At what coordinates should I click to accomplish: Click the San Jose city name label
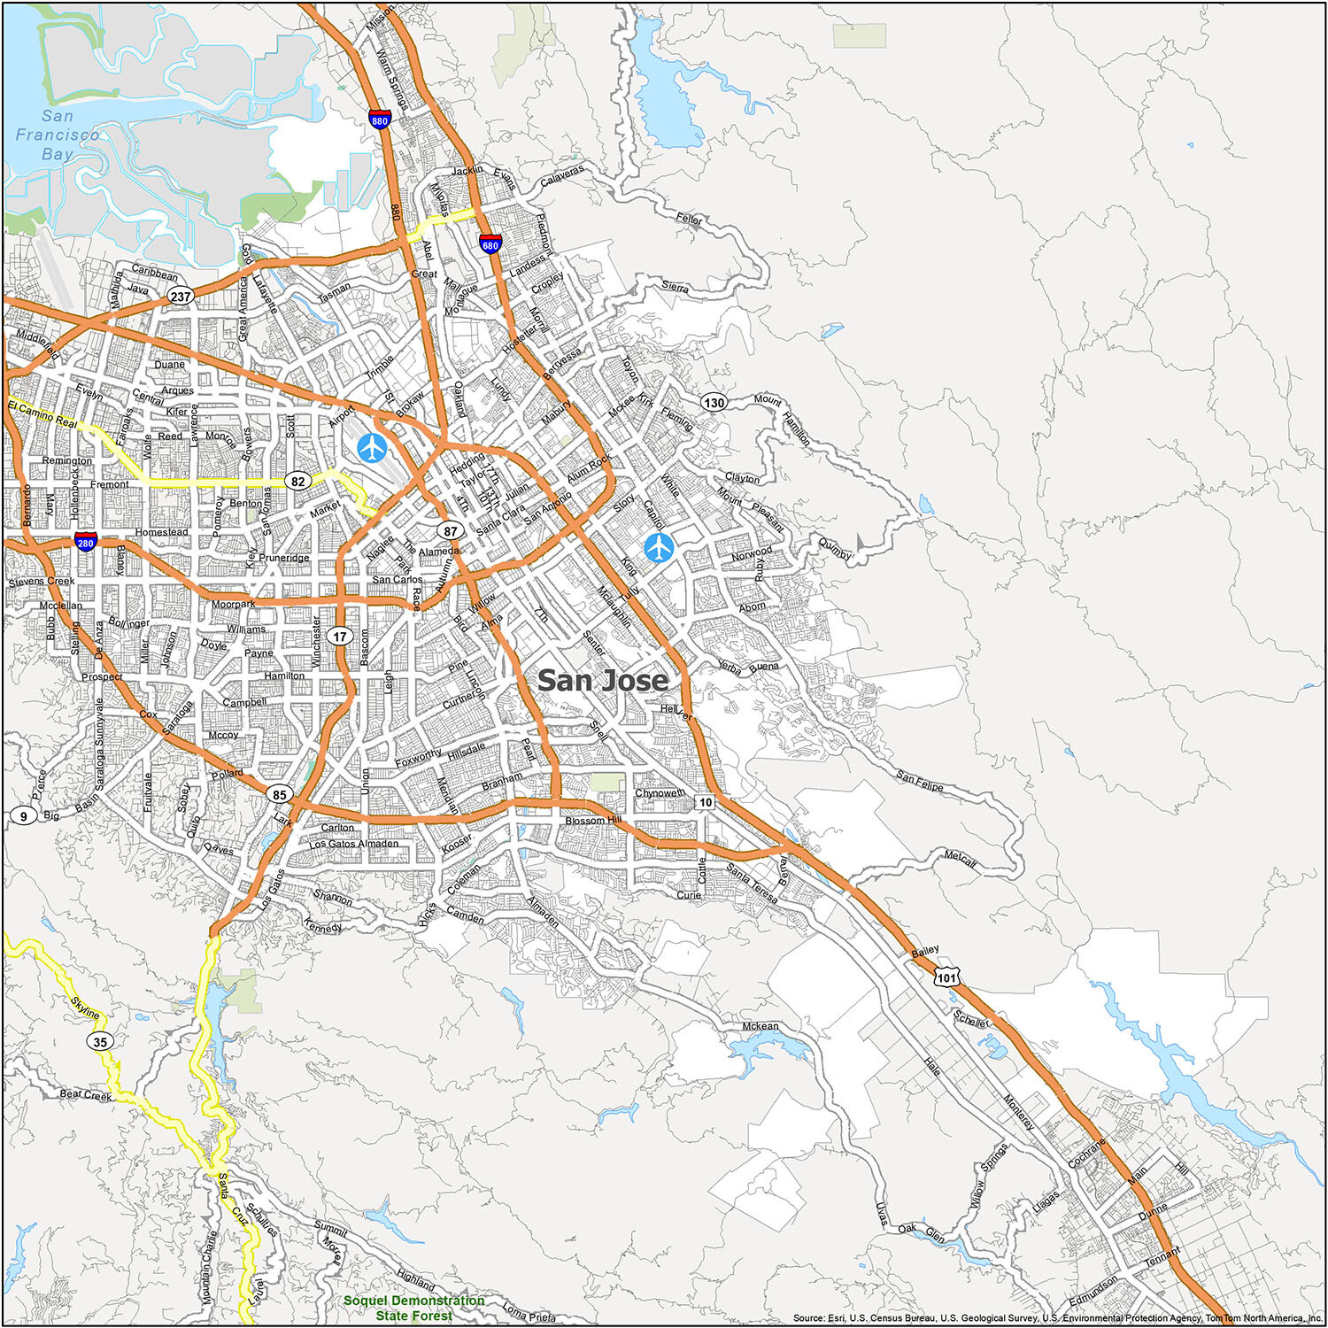pos(602,680)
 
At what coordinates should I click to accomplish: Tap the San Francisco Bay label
pos(58,135)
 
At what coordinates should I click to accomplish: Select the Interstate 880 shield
pos(380,120)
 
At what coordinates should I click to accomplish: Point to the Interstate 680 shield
pos(490,243)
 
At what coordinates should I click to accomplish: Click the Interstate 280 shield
pos(85,542)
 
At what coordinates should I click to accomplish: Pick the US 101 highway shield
pos(946,977)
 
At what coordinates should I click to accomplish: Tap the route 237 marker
pos(181,297)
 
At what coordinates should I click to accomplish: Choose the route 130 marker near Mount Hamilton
pos(714,402)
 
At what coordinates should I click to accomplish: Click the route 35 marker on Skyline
pos(100,1041)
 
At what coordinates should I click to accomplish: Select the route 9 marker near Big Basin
pos(23,815)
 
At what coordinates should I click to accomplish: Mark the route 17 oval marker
pos(340,636)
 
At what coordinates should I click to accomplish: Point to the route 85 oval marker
pos(280,794)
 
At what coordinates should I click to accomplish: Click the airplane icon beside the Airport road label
pos(372,447)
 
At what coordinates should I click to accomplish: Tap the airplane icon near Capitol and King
pos(659,547)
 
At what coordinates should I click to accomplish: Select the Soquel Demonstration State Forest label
pos(413,1308)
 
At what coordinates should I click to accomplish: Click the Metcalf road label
pos(960,858)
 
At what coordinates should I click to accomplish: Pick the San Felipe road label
pos(920,781)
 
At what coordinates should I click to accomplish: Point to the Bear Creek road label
pos(86,1095)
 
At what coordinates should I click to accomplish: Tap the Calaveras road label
pos(562,175)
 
